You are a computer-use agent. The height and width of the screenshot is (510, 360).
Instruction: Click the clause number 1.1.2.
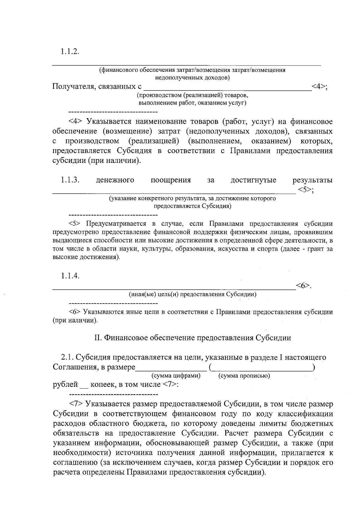(x=70, y=51)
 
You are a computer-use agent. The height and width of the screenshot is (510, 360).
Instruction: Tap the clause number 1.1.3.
(x=70, y=180)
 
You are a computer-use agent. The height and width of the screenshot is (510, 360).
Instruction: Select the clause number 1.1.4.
(x=70, y=276)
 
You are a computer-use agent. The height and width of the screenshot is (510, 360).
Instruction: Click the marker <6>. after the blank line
(x=304, y=286)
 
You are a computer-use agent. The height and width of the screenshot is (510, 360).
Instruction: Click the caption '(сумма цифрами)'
(x=176, y=376)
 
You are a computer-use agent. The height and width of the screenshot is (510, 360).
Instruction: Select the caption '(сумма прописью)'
(x=244, y=376)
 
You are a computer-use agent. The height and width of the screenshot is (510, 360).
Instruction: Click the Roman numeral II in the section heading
(x=98, y=338)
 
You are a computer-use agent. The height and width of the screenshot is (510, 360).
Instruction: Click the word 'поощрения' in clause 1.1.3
(x=170, y=180)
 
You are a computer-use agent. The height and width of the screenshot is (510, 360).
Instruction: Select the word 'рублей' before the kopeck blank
(x=65, y=384)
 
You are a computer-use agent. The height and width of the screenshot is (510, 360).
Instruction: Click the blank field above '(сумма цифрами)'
(x=171, y=368)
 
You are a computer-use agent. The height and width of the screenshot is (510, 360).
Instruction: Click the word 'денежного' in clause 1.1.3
(x=115, y=180)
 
